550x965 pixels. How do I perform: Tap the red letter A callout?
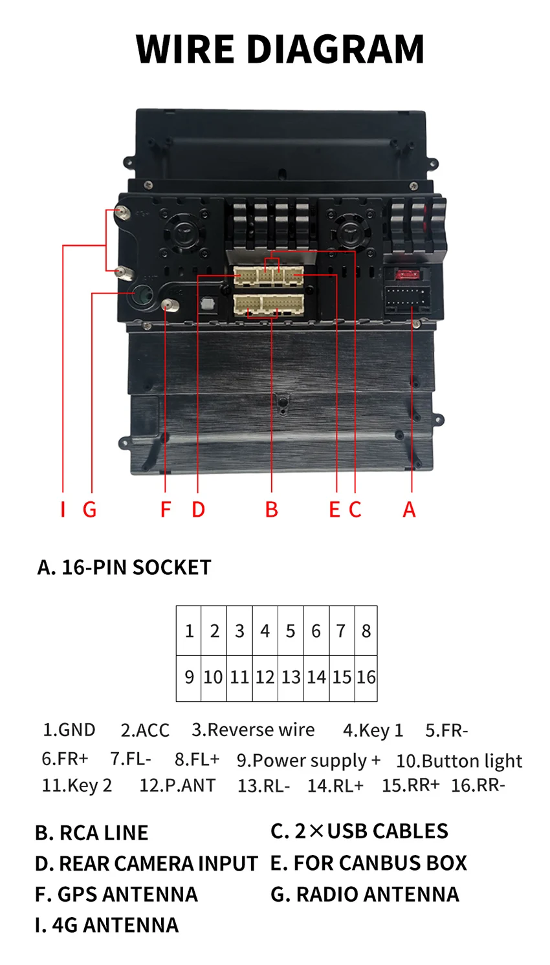tap(409, 510)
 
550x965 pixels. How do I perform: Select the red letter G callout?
tap(89, 510)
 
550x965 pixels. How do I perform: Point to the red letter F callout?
tap(166, 510)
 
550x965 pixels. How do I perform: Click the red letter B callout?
tap(272, 510)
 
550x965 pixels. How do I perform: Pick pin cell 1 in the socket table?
tap(189, 631)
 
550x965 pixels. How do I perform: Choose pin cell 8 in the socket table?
tap(366, 631)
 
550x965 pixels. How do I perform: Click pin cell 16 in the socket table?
tap(366, 677)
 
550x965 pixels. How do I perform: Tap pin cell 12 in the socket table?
tap(265, 677)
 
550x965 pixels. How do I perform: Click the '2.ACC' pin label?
tap(145, 730)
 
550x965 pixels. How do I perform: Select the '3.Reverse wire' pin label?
tap(253, 730)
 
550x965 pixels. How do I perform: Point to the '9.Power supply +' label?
tap(309, 761)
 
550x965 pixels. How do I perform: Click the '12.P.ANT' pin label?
tap(177, 786)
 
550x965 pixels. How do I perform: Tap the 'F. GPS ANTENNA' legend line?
tap(116, 895)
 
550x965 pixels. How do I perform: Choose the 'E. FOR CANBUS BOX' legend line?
tap(369, 863)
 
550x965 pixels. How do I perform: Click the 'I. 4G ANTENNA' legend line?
tap(107, 925)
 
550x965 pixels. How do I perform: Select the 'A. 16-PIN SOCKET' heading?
tap(124, 567)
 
